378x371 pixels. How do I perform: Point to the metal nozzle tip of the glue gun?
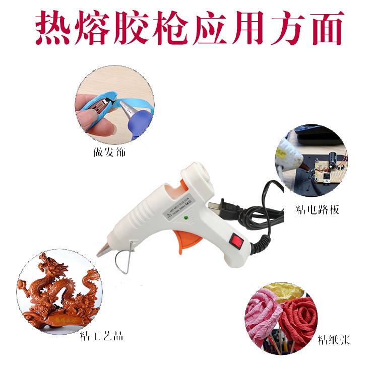coord(102,250)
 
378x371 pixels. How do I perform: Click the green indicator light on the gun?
coord(187,218)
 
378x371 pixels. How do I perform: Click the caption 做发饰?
coord(109,152)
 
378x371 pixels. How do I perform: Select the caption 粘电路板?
coord(318,209)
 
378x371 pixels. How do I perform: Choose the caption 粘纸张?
coord(333,341)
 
